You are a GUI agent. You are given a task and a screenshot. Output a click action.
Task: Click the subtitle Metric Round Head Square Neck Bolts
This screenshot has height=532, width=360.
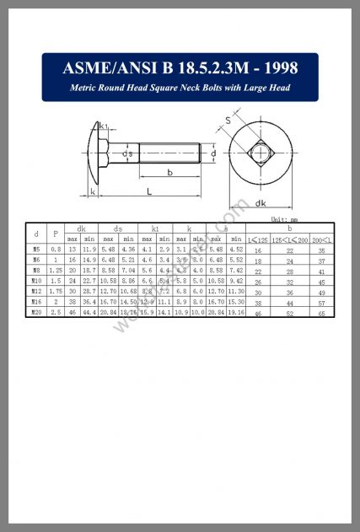pyautogui.click(x=180, y=89)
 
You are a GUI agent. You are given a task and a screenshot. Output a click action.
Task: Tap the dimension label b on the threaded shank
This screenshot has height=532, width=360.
pyautogui.click(x=171, y=173)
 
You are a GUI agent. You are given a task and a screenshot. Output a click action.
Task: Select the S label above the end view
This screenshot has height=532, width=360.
pyautogui.click(x=228, y=121)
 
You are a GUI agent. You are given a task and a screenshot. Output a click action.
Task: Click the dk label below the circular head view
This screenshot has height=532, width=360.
pyautogui.click(x=261, y=203)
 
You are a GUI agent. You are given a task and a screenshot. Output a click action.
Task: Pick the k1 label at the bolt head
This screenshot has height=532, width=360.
pyautogui.click(x=103, y=126)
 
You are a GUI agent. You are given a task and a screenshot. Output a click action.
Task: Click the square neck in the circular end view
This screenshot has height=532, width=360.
pyautogui.click(x=261, y=154)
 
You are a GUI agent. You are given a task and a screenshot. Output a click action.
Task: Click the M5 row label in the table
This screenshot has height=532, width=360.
pyautogui.click(x=35, y=250)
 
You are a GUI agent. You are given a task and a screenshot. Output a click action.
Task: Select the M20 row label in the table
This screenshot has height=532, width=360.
pyautogui.click(x=35, y=312)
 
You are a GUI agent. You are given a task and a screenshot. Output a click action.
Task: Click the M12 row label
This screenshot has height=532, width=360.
pyautogui.click(x=35, y=292)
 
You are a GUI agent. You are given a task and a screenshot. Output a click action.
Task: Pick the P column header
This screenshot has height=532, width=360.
pyautogui.click(x=56, y=234)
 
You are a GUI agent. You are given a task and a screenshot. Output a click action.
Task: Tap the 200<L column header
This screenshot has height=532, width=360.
pyautogui.click(x=321, y=240)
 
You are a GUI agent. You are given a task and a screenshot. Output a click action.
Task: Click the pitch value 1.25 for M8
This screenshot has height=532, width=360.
pyautogui.click(x=56, y=271)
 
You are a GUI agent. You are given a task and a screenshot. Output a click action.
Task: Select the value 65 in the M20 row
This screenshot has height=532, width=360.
pyautogui.click(x=321, y=313)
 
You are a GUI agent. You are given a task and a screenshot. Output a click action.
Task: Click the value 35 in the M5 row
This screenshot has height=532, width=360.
pyautogui.click(x=321, y=250)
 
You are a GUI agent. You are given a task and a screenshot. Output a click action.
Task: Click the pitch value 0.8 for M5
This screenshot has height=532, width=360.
pyautogui.click(x=56, y=250)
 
